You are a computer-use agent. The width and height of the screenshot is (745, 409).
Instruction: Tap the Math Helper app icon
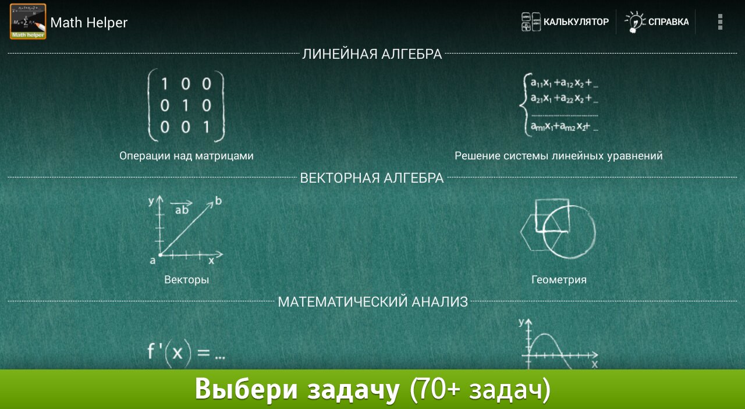pos(28,22)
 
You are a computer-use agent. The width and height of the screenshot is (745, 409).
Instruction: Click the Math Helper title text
pos(89,23)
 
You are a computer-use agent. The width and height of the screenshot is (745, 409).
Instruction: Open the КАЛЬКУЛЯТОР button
pos(565,22)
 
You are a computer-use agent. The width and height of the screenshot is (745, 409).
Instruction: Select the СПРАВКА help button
pos(657,22)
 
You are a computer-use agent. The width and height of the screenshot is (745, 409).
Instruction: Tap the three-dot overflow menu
pos(720,22)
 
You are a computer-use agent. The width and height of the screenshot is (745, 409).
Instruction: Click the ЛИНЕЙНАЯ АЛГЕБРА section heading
pos(372,54)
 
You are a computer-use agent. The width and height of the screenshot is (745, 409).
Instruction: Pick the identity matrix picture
pos(186,105)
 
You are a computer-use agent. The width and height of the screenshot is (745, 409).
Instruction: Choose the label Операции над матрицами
pos(186,155)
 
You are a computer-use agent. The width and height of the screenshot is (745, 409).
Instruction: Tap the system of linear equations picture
pos(559,105)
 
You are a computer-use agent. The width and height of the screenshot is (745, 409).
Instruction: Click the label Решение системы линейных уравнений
pos(559,155)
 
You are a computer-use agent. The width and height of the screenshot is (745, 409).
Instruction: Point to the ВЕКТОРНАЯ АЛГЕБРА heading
pos(372,178)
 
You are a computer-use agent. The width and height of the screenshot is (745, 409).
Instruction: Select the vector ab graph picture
pos(186,230)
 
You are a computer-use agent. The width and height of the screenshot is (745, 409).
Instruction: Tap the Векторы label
pos(187,280)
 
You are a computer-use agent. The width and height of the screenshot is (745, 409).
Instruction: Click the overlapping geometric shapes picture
pos(558,229)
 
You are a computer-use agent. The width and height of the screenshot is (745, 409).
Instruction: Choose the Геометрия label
pos(559,280)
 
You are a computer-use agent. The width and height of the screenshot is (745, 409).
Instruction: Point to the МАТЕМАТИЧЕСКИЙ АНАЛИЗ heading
pos(373,302)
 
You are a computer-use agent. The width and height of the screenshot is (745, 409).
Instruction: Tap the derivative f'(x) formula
pos(186,353)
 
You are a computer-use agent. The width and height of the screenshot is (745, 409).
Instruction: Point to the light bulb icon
pos(634,22)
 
